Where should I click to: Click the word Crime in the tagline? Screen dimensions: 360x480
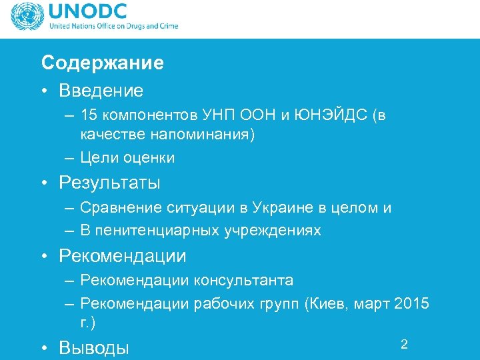(167, 27)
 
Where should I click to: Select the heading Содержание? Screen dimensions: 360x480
(102, 63)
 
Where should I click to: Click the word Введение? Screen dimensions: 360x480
(101, 89)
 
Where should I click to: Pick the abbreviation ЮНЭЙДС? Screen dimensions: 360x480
(327, 115)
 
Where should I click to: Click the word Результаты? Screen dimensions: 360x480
(109, 182)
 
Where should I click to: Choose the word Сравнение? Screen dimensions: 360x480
(115, 207)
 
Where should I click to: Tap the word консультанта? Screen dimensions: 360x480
(243, 280)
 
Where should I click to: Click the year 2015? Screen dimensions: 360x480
(412, 304)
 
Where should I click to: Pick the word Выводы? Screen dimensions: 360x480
(94, 347)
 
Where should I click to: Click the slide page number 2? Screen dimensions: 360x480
(403, 344)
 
